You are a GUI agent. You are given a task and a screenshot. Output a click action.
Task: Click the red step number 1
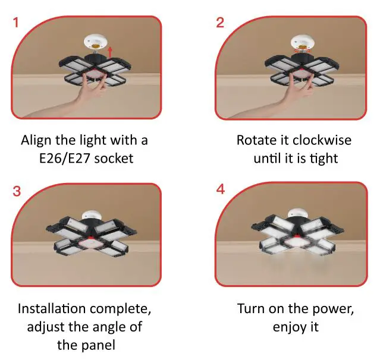(x=16, y=24)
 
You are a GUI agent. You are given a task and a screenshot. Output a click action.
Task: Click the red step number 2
(x=220, y=24)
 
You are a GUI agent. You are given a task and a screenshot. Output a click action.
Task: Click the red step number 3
(x=16, y=191)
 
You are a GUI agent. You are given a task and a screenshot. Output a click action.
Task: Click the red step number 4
(x=221, y=191)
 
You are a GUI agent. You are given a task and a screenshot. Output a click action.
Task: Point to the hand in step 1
(x=89, y=90)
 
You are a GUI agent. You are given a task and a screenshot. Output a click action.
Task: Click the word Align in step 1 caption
(x=35, y=141)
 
